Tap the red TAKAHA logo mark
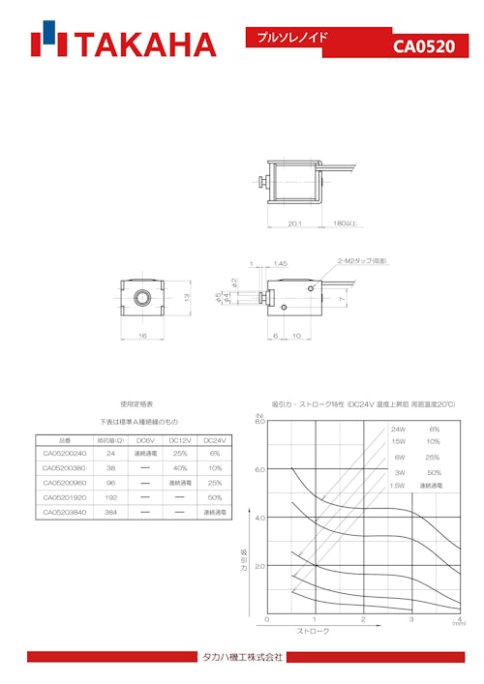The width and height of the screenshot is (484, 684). click(x=48, y=44)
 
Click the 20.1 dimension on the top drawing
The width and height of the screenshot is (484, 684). click(x=295, y=223)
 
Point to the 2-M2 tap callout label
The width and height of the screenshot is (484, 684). click(x=362, y=261)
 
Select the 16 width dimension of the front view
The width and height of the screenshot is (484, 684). click(x=142, y=335)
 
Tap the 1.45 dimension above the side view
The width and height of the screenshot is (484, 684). click(x=280, y=263)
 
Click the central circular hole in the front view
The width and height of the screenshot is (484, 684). click(x=142, y=295)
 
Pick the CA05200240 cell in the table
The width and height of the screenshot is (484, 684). click(x=65, y=453)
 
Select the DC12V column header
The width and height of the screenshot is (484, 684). click(x=179, y=438)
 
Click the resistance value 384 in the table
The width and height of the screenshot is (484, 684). click(x=110, y=512)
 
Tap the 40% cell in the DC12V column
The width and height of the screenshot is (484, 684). click(x=179, y=467)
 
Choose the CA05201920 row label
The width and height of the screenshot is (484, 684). click(x=65, y=497)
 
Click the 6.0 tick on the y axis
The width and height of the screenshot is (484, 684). click(x=259, y=469)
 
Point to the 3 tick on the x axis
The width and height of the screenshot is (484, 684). click(x=410, y=619)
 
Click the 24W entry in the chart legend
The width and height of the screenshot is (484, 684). click(x=398, y=429)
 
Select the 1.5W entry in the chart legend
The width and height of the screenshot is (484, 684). click(x=397, y=485)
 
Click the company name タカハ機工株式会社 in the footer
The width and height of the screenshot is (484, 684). click(x=241, y=658)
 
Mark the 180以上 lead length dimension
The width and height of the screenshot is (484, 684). click(x=345, y=223)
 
